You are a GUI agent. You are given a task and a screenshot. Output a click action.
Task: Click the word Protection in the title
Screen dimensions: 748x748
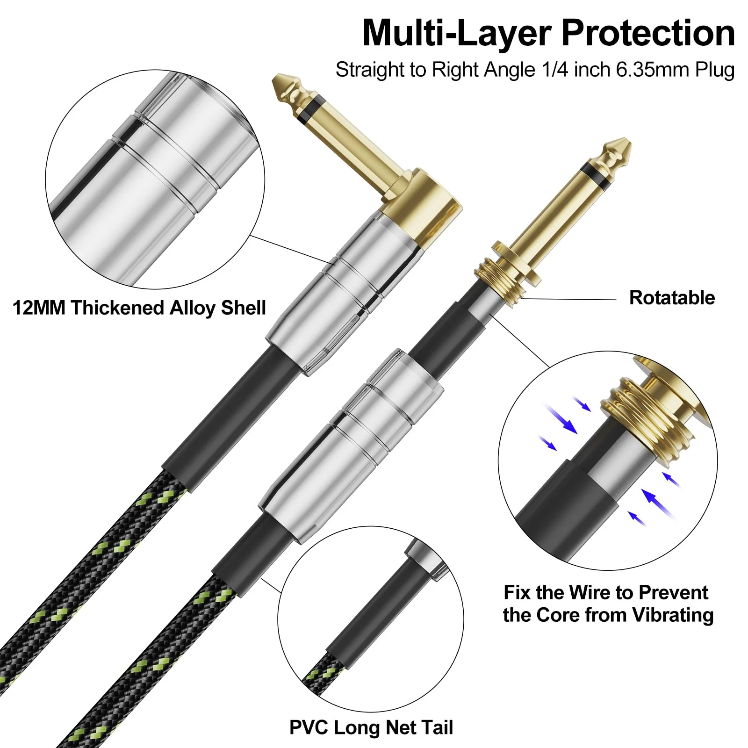coord(648,33)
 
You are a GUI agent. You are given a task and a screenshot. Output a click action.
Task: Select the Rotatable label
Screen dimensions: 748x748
coord(672,298)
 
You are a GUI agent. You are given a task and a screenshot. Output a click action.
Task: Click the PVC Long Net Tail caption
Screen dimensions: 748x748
coord(371,727)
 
